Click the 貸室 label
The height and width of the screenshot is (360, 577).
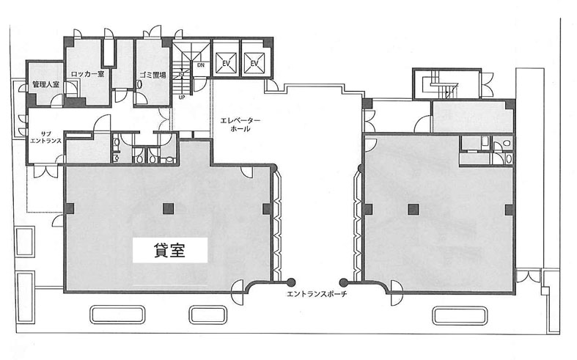pos(169,250)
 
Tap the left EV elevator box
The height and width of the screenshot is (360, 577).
pos(226,63)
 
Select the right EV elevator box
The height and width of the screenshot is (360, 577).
pos(254,63)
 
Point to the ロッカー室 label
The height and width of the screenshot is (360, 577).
pos(87,74)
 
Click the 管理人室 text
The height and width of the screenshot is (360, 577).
pos(45,84)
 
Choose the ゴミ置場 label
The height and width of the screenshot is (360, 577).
pos(152,75)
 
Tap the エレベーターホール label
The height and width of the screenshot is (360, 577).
pos(240,125)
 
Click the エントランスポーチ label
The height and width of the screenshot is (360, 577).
pos(317,294)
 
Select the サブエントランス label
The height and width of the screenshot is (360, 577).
pos(45,137)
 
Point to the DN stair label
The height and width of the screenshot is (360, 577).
pos(201,65)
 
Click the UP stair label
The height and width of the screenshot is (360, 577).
pos(181,98)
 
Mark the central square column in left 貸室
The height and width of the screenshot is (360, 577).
pos(169,209)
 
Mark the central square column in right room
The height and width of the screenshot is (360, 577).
pos(414,210)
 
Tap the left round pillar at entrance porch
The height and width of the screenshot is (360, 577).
pos(291,282)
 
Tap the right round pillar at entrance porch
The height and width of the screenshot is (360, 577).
pos(343,283)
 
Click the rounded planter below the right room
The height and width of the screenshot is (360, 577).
pos(459,316)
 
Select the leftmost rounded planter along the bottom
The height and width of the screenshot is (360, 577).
pos(117,315)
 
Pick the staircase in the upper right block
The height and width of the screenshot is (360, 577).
pos(440,85)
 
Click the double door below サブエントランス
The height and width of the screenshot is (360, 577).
pos(45,172)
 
